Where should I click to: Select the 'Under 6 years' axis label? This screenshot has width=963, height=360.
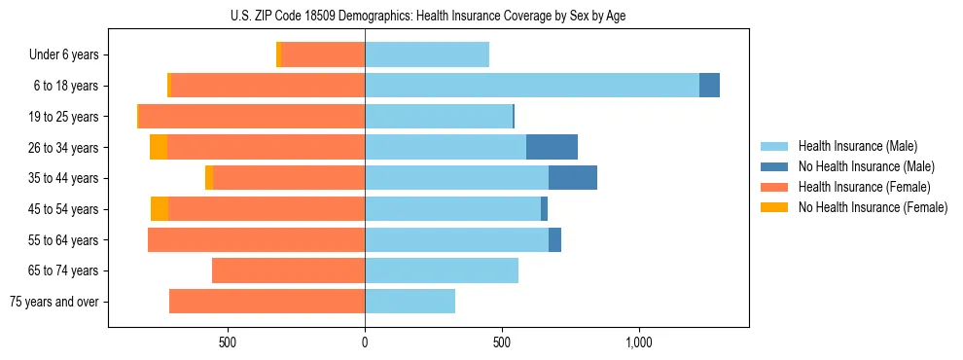pyautogui.click(x=63, y=54)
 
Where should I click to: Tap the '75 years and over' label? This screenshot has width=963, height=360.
pyautogui.click(x=54, y=302)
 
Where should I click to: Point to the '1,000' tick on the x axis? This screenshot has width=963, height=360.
pyautogui.click(x=638, y=342)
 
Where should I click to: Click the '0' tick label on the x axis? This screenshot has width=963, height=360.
pyautogui.click(x=365, y=342)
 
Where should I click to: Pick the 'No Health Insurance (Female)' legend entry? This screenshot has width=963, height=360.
pyautogui.click(x=873, y=207)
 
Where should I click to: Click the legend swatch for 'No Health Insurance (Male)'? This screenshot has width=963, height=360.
pyautogui.click(x=775, y=166)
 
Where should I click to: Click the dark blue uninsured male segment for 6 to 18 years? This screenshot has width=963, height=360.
pyautogui.click(x=709, y=86)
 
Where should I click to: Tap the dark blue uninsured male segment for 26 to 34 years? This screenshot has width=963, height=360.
pyautogui.click(x=552, y=147)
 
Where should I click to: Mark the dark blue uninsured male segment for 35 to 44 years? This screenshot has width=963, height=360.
pyautogui.click(x=573, y=178)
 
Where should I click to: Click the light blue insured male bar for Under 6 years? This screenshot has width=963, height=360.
pyautogui.click(x=427, y=54)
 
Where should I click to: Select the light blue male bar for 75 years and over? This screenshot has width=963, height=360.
pyautogui.click(x=410, y=302)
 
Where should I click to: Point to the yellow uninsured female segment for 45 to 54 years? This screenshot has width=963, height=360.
pyautogui.click(x=160, y=209)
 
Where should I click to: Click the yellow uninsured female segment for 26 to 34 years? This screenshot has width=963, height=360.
pyautogui.click(x=159, y=147)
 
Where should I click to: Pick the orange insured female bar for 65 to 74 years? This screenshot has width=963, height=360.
pyautogui.click(x=288, y=270)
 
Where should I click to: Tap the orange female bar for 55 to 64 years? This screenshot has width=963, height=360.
pyautogui.click(x=256, y=239)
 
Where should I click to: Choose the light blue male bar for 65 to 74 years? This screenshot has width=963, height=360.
pyautogui.click(x=442, y=270)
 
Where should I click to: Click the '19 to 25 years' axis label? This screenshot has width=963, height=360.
pyautogui.click(x=63, y=117)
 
